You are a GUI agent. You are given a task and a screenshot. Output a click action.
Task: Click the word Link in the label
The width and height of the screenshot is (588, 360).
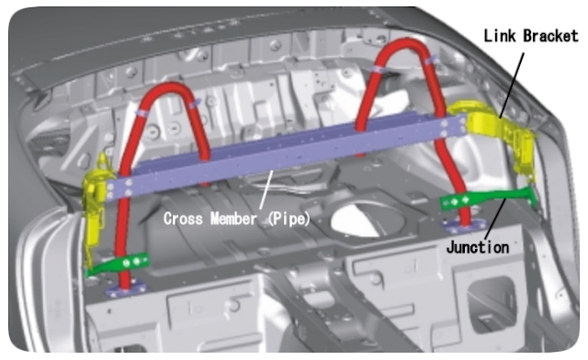tap(501, 36)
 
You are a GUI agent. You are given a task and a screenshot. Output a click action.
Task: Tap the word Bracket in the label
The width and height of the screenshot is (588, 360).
tap(551, 36)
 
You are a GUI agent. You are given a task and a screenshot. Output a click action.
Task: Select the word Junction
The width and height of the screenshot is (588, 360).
tap(478, 248)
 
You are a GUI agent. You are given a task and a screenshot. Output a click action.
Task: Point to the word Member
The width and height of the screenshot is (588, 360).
tap(233, 219)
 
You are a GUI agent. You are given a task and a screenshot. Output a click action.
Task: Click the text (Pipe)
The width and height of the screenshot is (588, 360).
tap(288, 219)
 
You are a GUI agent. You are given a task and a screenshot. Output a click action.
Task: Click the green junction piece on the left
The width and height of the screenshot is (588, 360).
tap(120, 264)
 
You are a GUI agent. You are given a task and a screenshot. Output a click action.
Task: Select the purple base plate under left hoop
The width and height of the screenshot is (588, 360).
tap(127, 288)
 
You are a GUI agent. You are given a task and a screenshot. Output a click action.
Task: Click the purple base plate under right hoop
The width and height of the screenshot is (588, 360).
tap(464, 226)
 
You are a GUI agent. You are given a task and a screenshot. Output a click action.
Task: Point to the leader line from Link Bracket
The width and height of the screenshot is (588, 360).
tap(511, 85)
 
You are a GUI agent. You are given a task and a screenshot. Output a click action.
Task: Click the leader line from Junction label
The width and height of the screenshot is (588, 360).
tap(495, 219)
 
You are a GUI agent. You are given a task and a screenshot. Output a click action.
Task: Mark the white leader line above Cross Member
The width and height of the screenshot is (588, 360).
tap(266, 190)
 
